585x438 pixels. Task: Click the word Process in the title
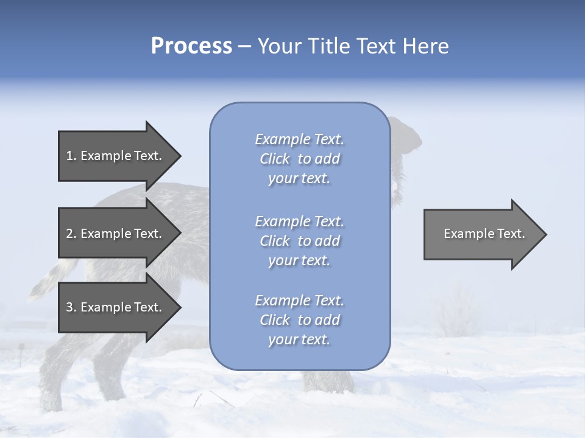click(191, 46)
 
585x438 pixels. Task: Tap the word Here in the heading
click(425, 46)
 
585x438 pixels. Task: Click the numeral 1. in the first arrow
click(71, 156)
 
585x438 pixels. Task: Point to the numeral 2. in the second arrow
click(71, 234)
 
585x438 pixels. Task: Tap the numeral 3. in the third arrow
click(71, 307)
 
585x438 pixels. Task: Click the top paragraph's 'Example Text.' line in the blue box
click(299, 139)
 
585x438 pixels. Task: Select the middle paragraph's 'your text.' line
click(299, 260)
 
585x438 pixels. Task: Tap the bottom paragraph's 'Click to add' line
click(299, 320)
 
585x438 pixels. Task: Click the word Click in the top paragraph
click(275, 159)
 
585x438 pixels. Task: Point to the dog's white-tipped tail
click(43, 286)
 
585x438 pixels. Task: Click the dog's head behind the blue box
click(405, 137)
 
